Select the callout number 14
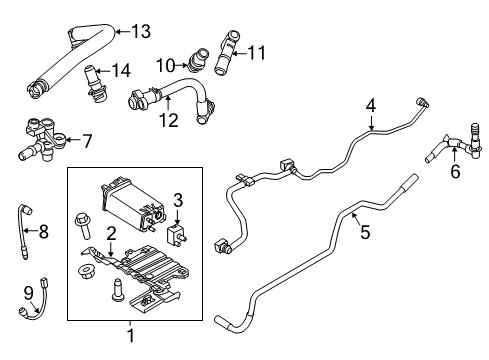pyautogui.click(x=121, y=70)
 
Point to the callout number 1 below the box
pyautogui.click(x=129, y=336)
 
